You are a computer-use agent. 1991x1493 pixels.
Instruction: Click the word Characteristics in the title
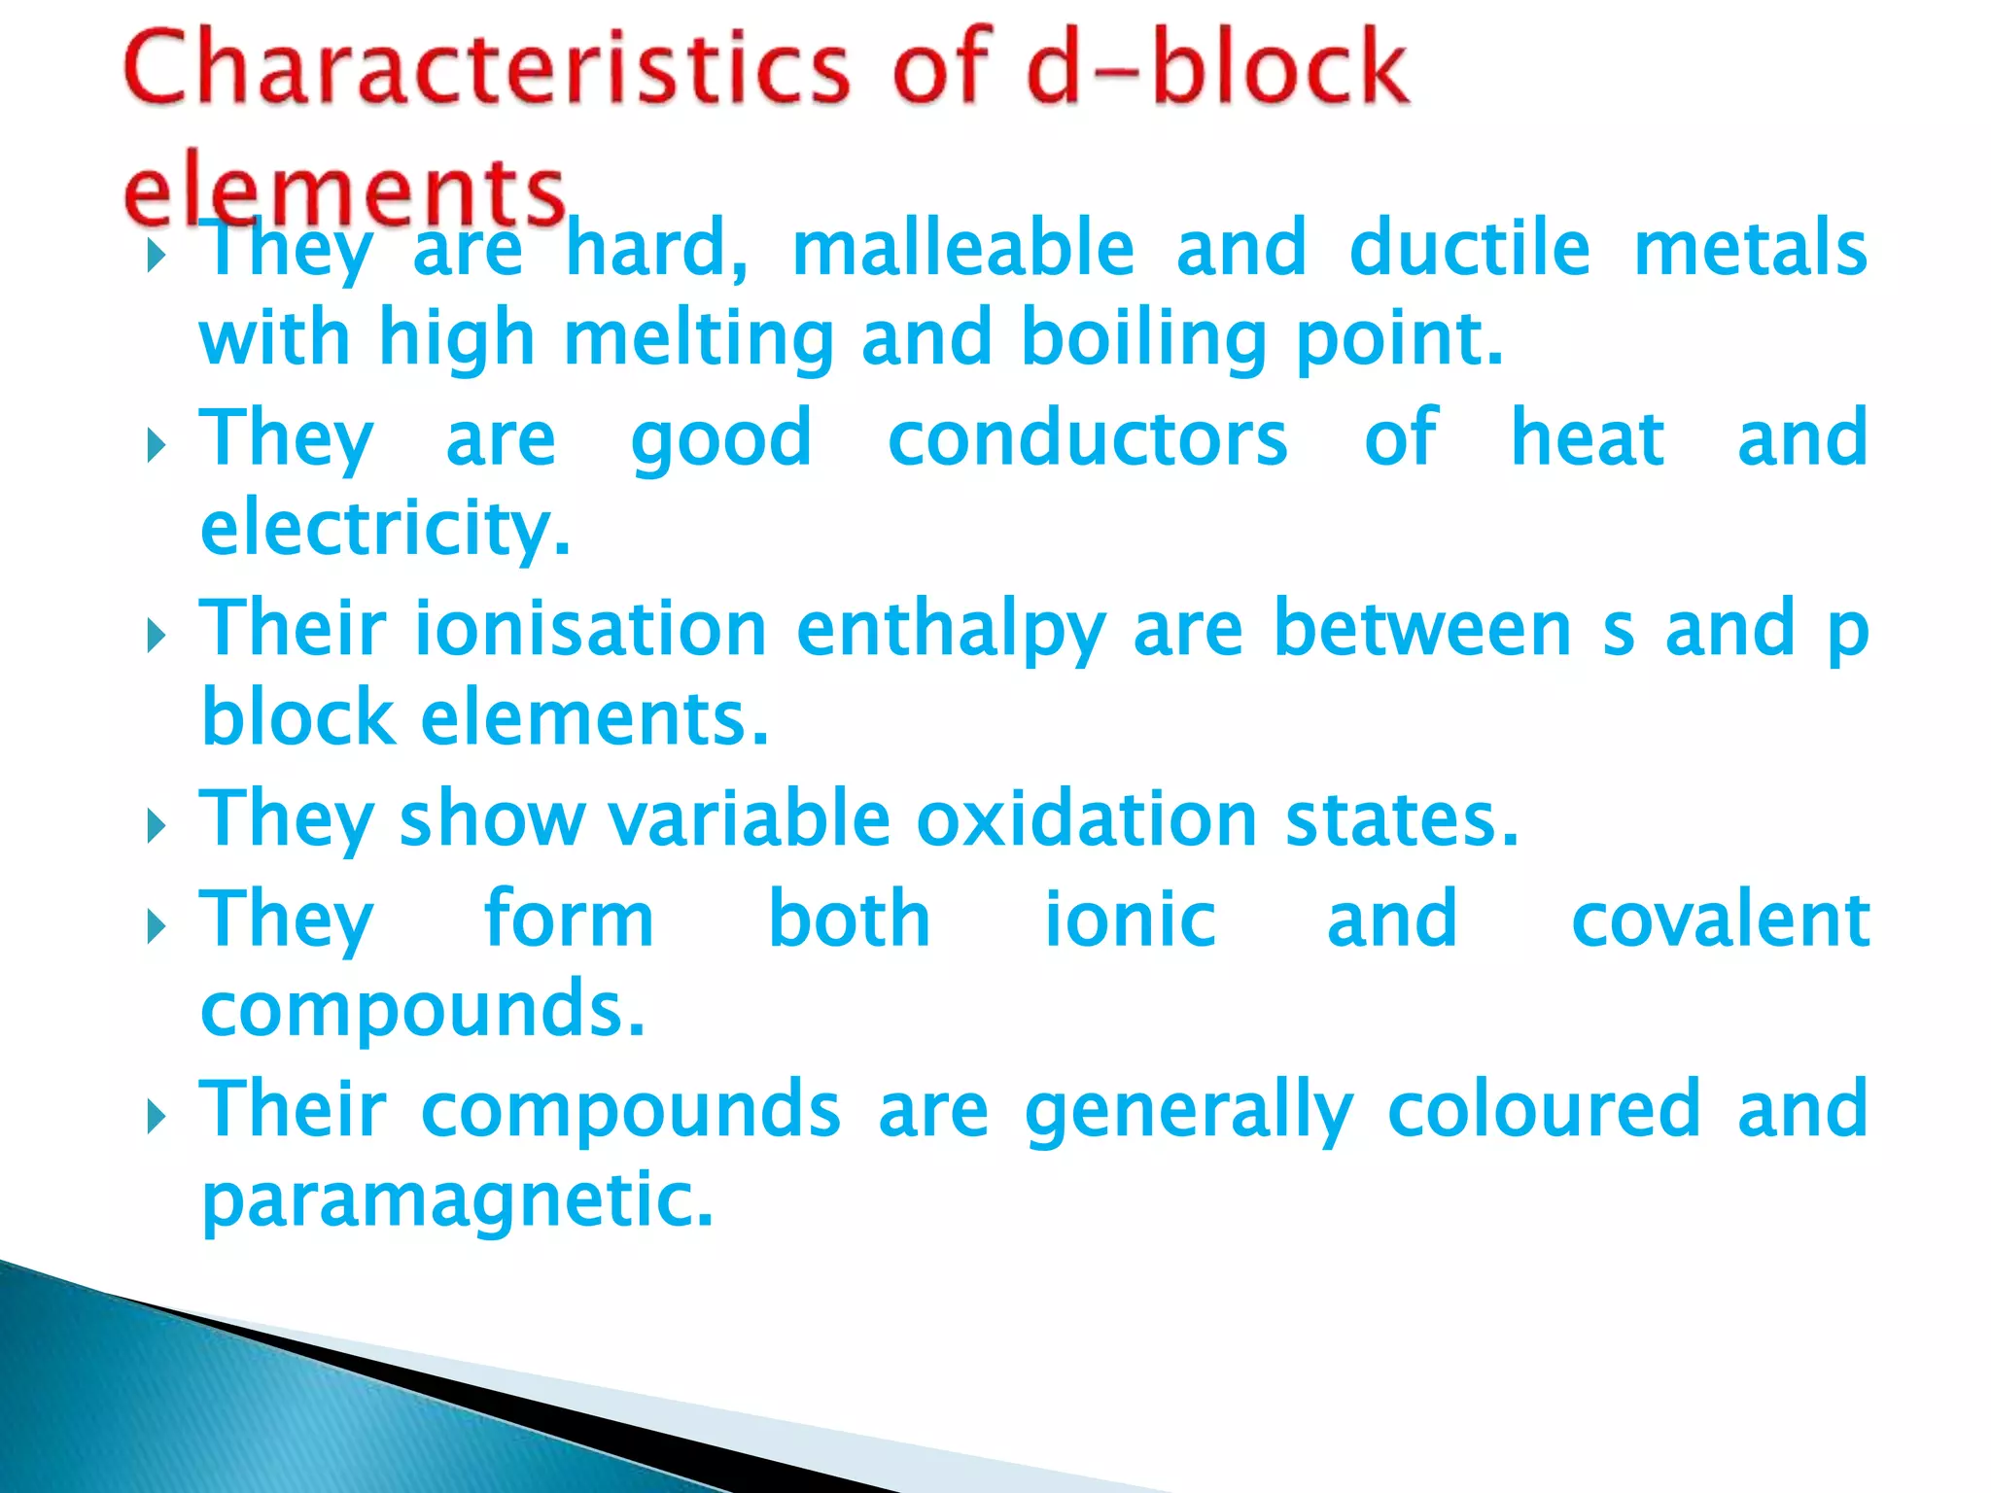(486, 68)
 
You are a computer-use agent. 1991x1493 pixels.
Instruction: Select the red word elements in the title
(345, 190)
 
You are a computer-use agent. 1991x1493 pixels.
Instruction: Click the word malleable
(962, 249)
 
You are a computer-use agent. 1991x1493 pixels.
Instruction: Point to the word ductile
(1469, 249)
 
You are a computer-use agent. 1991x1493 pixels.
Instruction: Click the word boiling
(1143, 338)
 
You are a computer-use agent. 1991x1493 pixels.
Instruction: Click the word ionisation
(591, 629)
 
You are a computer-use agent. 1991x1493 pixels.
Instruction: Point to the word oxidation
(1087, 818)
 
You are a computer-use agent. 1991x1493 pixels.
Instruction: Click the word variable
(749, 818)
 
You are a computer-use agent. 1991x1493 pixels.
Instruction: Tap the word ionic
(1129, 919)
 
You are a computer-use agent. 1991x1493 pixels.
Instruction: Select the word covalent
(1719, 919)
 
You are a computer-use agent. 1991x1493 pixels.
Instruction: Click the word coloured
(1544, 1109)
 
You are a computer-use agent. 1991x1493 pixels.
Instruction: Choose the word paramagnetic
(457, 1201)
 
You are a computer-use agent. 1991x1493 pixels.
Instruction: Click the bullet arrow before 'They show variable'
(156, 827)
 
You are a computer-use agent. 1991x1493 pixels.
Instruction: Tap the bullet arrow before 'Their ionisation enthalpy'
(156, 638)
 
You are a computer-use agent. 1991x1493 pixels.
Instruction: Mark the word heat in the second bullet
(1587, 438)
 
